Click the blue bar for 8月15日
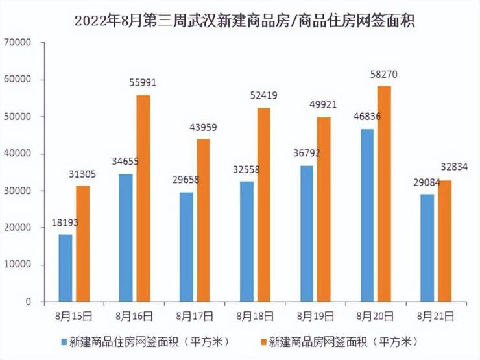point(66,268)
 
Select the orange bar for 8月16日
point(143,198)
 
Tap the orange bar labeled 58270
point(385,194)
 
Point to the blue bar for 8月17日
point(186,247)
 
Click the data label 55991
point(143,83)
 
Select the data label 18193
point(66,223)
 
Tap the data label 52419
point(264,95)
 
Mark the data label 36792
point(307,154)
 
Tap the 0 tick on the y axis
point(29,302)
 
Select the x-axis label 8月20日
point(376,316)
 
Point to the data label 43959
point(204,128)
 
